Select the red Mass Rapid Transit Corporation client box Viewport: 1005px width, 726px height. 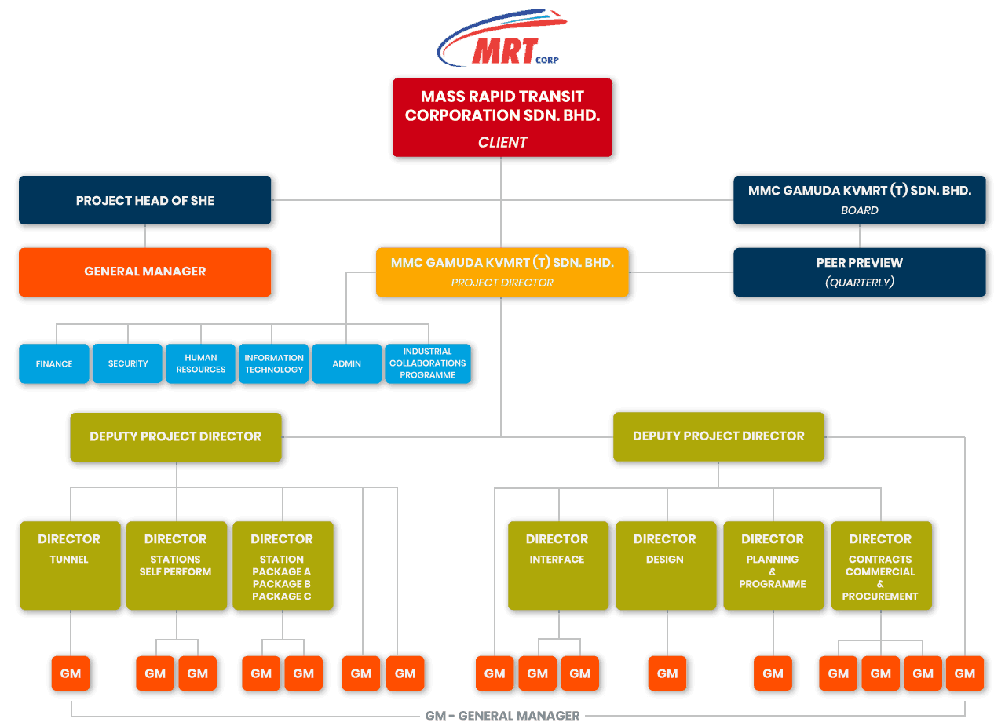point(502,118)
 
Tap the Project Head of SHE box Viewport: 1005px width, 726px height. point(145,200)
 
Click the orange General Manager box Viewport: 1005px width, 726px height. point(145,272)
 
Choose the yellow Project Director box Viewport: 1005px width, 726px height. point(502,272)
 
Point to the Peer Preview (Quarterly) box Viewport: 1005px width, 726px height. point(859,272)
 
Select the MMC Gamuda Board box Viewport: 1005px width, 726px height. point(859,200)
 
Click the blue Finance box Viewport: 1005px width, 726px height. point(54,363)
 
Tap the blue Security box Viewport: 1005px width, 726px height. point(127,363)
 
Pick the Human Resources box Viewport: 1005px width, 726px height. point(200,363)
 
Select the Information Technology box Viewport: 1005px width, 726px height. point(273,363)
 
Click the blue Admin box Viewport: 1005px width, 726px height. point(346,363)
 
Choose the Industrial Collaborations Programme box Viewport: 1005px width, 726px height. point(427,363)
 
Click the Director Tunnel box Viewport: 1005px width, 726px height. point(70,565)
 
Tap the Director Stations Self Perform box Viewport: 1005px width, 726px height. point(176,565)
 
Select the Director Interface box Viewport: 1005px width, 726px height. point(557,565)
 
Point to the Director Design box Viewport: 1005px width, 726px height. point(665,565)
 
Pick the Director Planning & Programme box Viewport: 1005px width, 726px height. point(773,565)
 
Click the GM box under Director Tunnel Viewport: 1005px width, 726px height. point(71,673)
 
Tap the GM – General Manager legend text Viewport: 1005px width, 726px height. point(502,716)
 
